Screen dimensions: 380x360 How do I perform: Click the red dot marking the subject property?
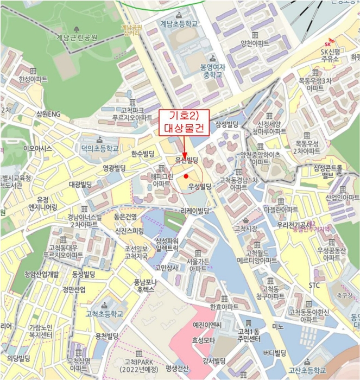pyautogui.click(x=186, y=176)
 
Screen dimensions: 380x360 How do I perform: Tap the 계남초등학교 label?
pyautogui.click(x=179, y=24)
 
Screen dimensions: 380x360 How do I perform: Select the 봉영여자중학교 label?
pyautogui.click(x=212, y=71)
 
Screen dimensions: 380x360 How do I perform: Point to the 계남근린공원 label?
pyautogui.click(x=77, y=38)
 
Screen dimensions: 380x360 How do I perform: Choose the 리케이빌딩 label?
pyautogui.click(x=195, y=211)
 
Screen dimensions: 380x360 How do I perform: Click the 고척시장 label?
pyautogui.click(x=244, y=229)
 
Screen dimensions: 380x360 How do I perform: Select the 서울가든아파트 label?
pyautogui.click(x=197, y=265)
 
